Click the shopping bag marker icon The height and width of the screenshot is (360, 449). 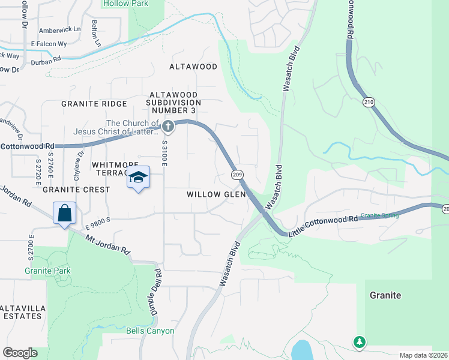click(64, 214)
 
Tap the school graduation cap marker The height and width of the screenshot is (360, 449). click(138, 178)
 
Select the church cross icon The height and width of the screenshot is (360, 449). click(168, 126)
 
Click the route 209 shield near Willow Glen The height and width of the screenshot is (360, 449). click(237, 174)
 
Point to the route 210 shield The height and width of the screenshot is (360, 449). click(369, 103)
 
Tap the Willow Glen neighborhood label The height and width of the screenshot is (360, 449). click(216, 194)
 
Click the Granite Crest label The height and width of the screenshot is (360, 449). click(76, 190)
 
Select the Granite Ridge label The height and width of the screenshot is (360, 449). click(94, 104)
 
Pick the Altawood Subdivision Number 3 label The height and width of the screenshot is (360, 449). click(174, 103)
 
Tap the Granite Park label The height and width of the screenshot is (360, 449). click(47, 271)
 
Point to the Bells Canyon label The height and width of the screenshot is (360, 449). click(150, 331)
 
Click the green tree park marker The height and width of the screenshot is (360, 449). click(360, 341)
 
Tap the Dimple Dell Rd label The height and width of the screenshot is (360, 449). click(157, 293)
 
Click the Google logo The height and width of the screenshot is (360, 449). click(20, 353)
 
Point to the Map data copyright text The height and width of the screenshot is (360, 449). click(423, 355)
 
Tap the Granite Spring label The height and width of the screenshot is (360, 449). click(379, 215)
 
